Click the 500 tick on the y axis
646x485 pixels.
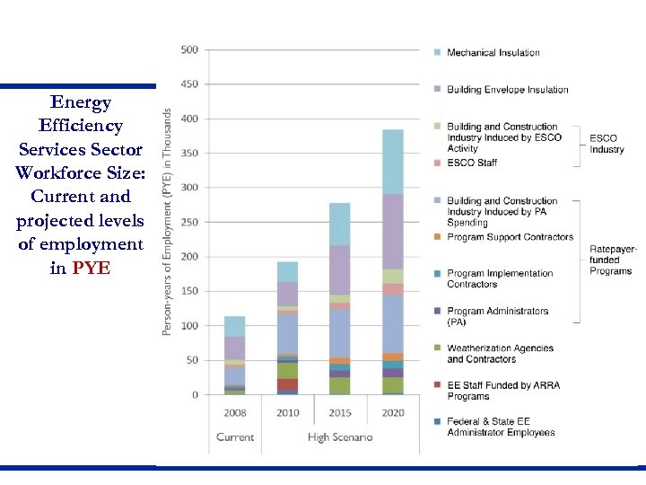pos(188,50)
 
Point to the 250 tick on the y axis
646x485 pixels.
pos(188,223)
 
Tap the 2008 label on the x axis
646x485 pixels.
pos(234,413)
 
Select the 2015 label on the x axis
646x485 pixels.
pos(339,413)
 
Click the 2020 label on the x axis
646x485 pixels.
pos(392,413)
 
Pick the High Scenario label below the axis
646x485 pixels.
pos(340,437)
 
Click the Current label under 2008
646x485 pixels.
pos(234,437)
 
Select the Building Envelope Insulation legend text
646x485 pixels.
pos(507,90)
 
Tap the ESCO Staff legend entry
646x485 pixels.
pos(472,163)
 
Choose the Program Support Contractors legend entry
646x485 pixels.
pos(510,237)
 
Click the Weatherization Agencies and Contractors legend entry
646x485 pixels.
pos(499,354)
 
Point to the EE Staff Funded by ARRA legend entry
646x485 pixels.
pos(502,391)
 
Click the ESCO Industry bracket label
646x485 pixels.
pos(607,144)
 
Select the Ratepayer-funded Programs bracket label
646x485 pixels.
pos(611,260)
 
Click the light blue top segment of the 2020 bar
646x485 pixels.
pos(392,162)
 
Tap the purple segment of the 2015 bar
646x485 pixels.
pos(339,269)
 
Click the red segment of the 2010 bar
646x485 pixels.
pos(287,384)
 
